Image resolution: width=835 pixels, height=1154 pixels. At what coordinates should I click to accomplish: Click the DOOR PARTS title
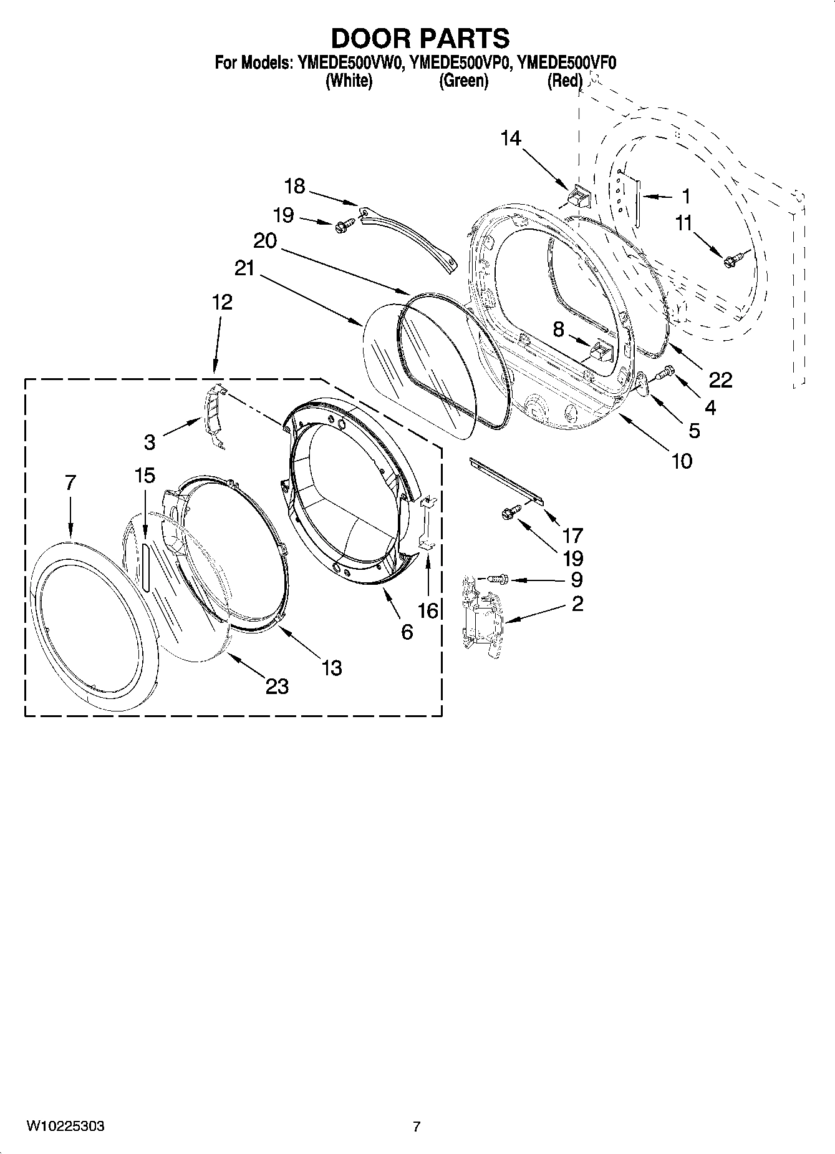tap(420, 39)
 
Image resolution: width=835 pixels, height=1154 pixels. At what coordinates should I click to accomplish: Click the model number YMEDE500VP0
tap(460, 62)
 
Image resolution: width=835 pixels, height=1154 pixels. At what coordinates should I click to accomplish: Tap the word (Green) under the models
tap(463, 81)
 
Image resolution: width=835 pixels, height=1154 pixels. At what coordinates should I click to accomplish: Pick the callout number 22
tap(720, 379)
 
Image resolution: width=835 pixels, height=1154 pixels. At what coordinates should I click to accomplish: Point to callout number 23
tap(277, 686)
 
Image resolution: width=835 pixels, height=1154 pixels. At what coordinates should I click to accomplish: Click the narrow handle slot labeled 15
tap(144, 565)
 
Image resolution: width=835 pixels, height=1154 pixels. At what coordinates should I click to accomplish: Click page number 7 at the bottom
tap(417, 1127)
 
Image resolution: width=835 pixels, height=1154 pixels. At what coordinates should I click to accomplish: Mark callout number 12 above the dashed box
tap(221, 302)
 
